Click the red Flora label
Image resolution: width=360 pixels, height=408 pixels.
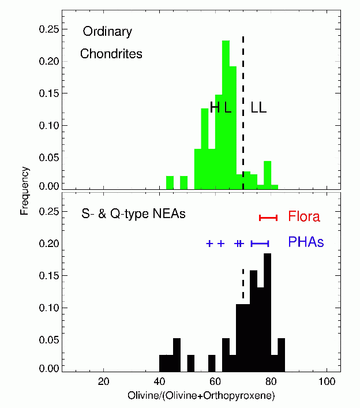point(304,218)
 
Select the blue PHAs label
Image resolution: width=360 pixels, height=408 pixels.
point(306,243)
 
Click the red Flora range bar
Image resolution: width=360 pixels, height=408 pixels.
point(268,218)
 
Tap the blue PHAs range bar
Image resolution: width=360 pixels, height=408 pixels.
point(260,244)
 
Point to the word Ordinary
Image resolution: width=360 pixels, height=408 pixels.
point(107,32)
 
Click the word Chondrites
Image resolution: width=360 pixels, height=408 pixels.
point(111,55)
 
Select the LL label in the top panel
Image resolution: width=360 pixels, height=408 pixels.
point(258,108)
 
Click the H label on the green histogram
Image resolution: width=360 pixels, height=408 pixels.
point(215,107)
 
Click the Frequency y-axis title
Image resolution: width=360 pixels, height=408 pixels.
point(25,190)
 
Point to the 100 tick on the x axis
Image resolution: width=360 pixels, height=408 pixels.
point(327,382)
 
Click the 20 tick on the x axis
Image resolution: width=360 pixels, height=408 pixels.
point(104,382)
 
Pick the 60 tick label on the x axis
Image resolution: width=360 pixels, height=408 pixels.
point(215,382)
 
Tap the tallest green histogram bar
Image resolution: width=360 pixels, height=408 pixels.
point(226,115)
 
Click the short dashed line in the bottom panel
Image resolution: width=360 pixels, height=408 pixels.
point(243,283)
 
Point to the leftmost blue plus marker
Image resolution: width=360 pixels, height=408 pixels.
point(209,244)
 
